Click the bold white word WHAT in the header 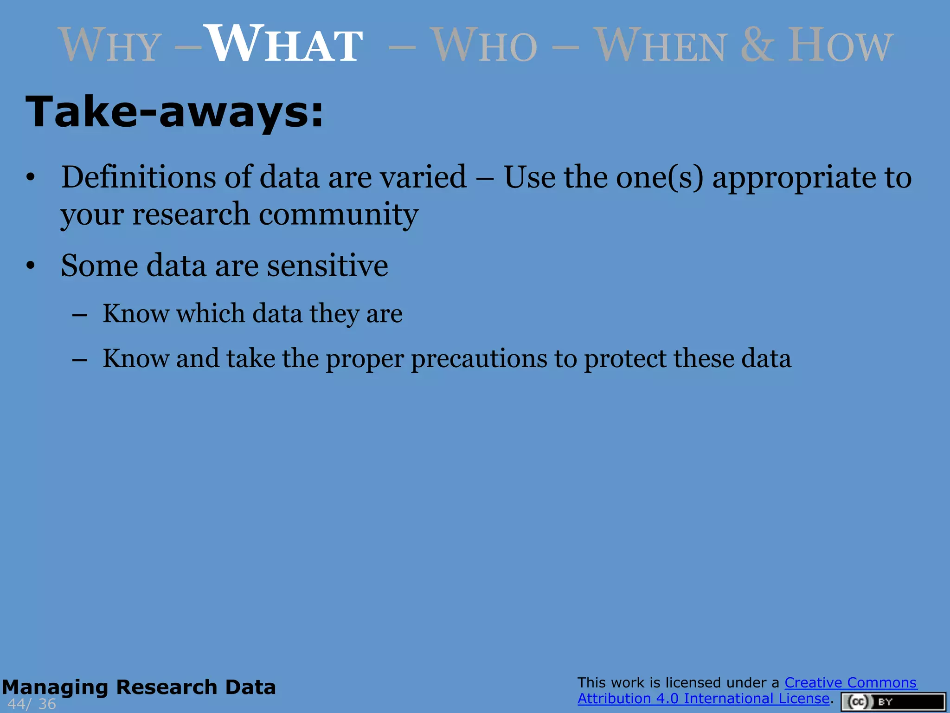pos(284,45)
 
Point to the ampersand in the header pos(757,45)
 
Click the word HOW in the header pos(840,45)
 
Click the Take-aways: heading pos(174,112)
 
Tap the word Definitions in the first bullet pos(138,177)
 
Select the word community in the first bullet pos(338,214)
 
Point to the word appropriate pos(794,178)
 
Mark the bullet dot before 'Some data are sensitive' pos(31,266)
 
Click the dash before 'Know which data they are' pos(80,315)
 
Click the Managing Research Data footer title pos(139,687)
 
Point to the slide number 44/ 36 pos(32,704)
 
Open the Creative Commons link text pos(850,682)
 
